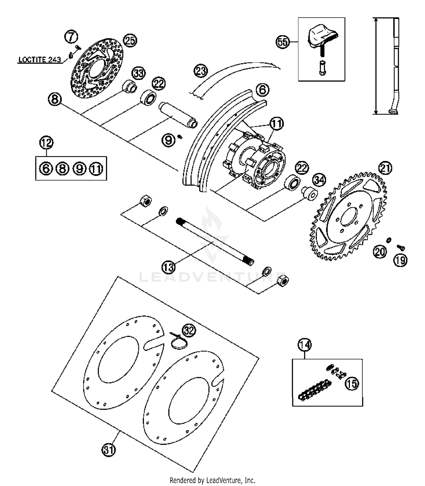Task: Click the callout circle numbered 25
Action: point(130,40)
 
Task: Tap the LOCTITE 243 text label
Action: point(40,60)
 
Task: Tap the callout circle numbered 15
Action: point(352,384)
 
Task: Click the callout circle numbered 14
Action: point(305,345)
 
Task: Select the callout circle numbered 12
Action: point(46,143)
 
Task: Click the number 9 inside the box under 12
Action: point(80,169)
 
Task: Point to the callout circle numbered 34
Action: point(319,180)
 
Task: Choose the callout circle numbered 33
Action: point(139,73)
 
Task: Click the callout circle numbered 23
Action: point(201,71)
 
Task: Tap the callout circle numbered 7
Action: point(71,37)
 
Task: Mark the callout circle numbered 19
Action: point(400,260)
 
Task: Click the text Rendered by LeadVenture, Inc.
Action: point(212,480)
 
